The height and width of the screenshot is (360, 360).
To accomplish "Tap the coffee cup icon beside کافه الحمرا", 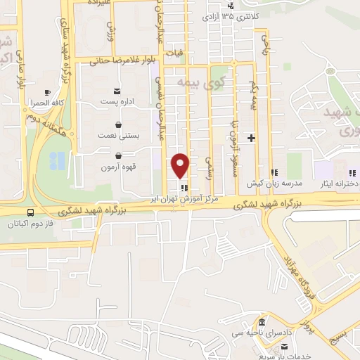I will pyautogui.click(x=47, y=92).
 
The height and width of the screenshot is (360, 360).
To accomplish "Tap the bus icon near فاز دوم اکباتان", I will pyautogui.click(x=30, y=212).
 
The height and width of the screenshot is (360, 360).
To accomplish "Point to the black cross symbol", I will pyautogui.click(x=251, y=138).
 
